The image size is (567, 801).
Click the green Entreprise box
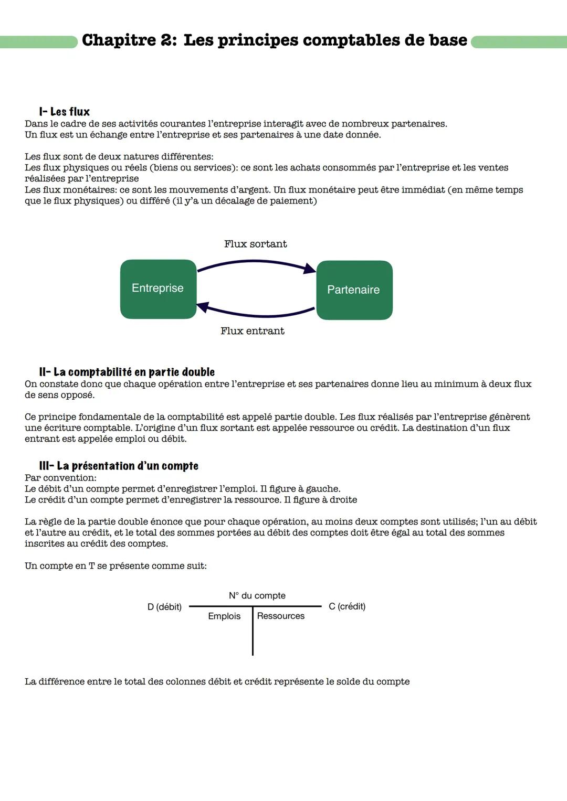click(158, 289)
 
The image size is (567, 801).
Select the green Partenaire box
click(354, 290)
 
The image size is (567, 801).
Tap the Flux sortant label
click(255, 244)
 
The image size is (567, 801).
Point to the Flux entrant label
click(252, 331)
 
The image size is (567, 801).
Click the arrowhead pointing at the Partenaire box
click(310, 269)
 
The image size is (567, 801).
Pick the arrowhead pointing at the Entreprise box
click(203, 307)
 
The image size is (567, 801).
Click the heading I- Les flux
click(64, 112)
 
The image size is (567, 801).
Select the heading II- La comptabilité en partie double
click(127, 372)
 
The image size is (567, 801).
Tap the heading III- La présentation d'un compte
click(119, 466)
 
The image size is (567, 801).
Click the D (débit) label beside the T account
click(164, 607)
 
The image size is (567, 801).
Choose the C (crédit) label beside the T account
click(347, 606)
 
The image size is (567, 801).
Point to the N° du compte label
click(257, 595)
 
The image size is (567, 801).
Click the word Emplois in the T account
click(224, 616)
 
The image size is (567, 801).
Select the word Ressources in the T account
click(280, 616)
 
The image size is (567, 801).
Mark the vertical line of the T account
click(253, 635)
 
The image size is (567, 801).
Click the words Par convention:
click(60, 478)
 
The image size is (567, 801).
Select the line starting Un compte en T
click(115, 566)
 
